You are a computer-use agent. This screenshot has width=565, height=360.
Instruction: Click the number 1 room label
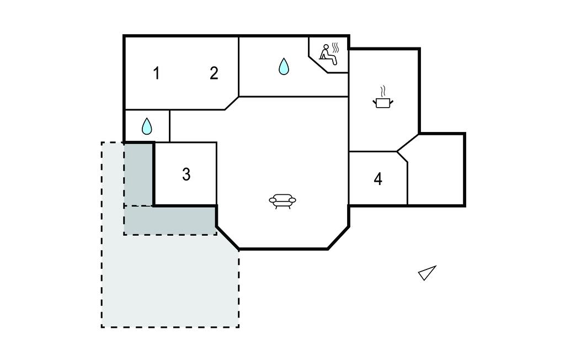pos(156,73)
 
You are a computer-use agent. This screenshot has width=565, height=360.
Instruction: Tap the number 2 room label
pos(214,73)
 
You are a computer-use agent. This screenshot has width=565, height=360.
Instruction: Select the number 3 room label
pos(186,174)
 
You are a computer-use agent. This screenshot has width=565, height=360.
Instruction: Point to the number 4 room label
pos(378,178)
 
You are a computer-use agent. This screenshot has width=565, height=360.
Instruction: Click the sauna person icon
pos(328,55)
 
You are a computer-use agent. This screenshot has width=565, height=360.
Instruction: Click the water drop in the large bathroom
pos(284,66)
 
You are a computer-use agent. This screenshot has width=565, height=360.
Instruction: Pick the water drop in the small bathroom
pos(147,126)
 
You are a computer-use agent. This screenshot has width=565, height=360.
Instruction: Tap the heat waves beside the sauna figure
pos(336,48)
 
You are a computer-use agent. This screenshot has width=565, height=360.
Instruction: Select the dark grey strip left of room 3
pos(138,174)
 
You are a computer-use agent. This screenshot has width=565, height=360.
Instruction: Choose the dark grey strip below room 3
pos(170,220)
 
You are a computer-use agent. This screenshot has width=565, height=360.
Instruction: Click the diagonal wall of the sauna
pos(318,64)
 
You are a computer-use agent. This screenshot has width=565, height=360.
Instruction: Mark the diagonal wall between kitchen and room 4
pos(408,143)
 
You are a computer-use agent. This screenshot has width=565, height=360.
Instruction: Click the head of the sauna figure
pos(326,47)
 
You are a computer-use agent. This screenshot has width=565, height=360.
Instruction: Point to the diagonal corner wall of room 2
pos(232,103)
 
